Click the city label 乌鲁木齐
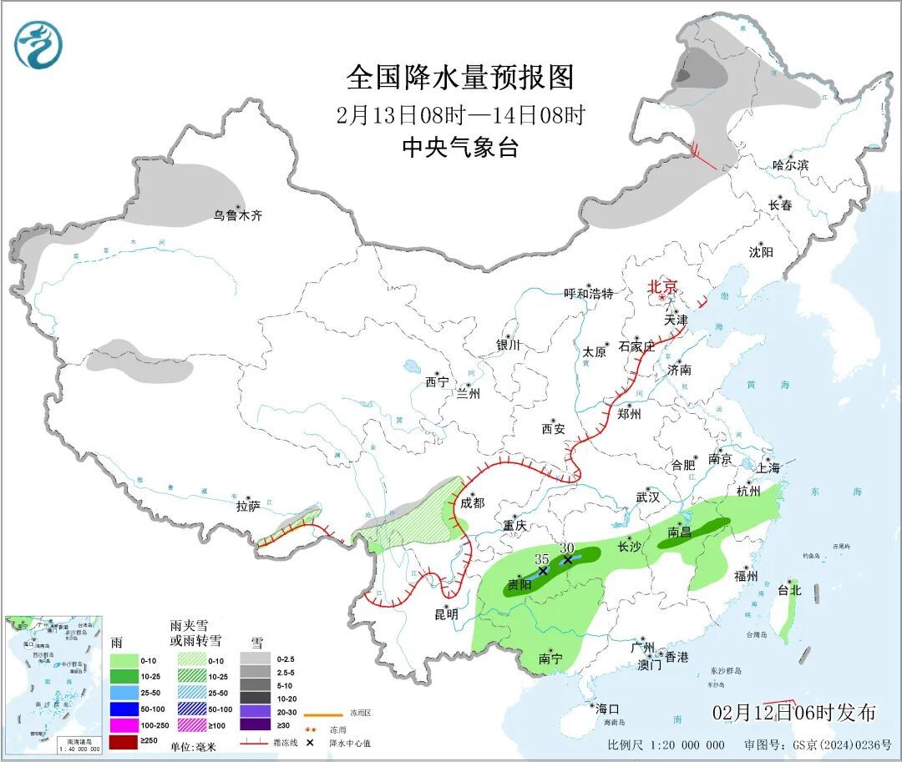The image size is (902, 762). [x=237, y=215]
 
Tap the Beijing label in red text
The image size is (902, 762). [x=664, y=286]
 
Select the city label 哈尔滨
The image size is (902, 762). [x=790, y=165]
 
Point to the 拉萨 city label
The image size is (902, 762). [x=248, y=506]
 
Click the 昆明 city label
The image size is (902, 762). [x=446, y=614]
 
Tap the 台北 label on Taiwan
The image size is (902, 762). [x=789, y=589]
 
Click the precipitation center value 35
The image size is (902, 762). [x=541, y=558]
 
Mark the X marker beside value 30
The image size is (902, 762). [x=568, y=560]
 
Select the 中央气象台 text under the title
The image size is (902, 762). [x=460, y=148]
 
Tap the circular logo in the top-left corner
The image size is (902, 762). [x=38, y=44]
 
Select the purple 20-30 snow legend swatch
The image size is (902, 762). [x=256, y=709]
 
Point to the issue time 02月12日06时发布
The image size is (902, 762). [x=794, y=712]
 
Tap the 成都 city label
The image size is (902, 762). [x=472, y=502]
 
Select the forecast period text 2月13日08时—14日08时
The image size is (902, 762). [x=460, y=114]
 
